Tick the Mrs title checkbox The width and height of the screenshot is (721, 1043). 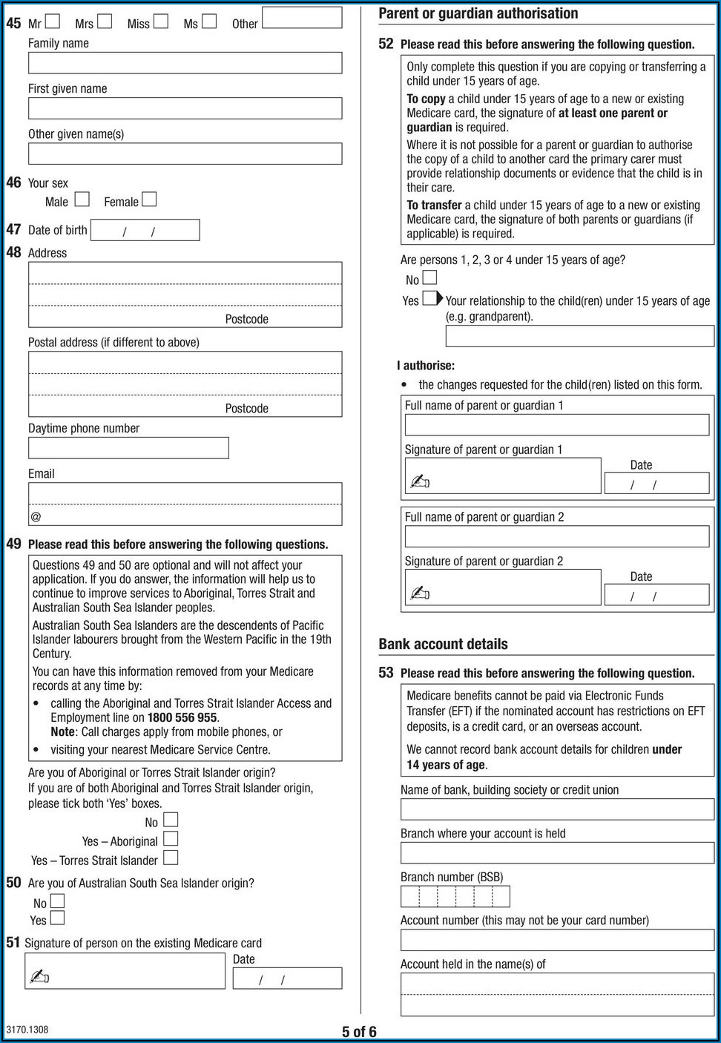click(x=105, y=21)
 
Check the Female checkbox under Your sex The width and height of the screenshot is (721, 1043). click(x=149, y=199)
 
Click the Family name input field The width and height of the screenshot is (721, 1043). click(x=185, y=63)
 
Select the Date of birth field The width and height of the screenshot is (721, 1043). click(x=145, y=231)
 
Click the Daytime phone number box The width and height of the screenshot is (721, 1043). click(x=128, y=448)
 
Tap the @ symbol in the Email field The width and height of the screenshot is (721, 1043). click(x=36, y=516)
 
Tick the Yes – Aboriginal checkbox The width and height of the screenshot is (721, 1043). click(x=171, y=839)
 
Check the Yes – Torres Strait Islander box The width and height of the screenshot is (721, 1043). click(x=171, y=858)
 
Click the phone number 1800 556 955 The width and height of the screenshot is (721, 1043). click(x=182, y=717)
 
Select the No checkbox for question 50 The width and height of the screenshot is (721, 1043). click(x=57, y=901)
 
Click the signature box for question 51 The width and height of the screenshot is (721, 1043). click(x=125, y=971)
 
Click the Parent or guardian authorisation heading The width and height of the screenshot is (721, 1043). click(x=478, y=13)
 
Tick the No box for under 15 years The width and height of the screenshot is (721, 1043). click(x=429, y=278)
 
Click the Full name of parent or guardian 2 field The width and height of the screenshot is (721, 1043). click(x=556, y=537)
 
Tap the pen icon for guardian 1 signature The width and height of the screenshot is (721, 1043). click(x=420, y=482)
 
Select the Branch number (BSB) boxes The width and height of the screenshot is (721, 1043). click(x=455, y=897)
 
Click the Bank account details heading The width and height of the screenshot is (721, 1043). click(x=443, y=644)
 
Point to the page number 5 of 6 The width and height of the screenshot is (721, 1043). click(x=359, y=1032)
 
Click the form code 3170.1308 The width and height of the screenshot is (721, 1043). click(x=27, y=1030)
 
